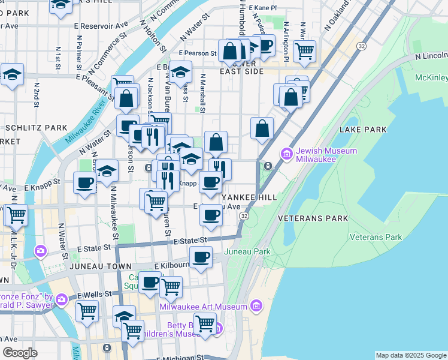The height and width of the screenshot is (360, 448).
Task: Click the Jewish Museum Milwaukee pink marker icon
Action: [x=286, y=155]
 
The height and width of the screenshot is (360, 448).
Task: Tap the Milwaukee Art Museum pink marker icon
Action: [x=256, y=306]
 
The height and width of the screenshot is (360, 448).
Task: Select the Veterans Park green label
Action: [x=376, y=237]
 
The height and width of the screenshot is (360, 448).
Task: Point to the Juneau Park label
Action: [x=247, y=252]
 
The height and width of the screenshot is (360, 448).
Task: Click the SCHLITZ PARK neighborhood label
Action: [x=36, y=128]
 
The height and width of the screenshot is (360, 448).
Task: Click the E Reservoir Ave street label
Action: [x=103, y=26]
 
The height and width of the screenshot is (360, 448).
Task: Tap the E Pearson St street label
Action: [x=196, y=53]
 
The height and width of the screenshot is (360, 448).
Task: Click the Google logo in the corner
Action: [x=20, y=353]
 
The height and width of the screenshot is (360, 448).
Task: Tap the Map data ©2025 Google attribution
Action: [x=410, y=355]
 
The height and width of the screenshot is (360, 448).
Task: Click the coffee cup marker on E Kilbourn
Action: [x=201, y=258]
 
